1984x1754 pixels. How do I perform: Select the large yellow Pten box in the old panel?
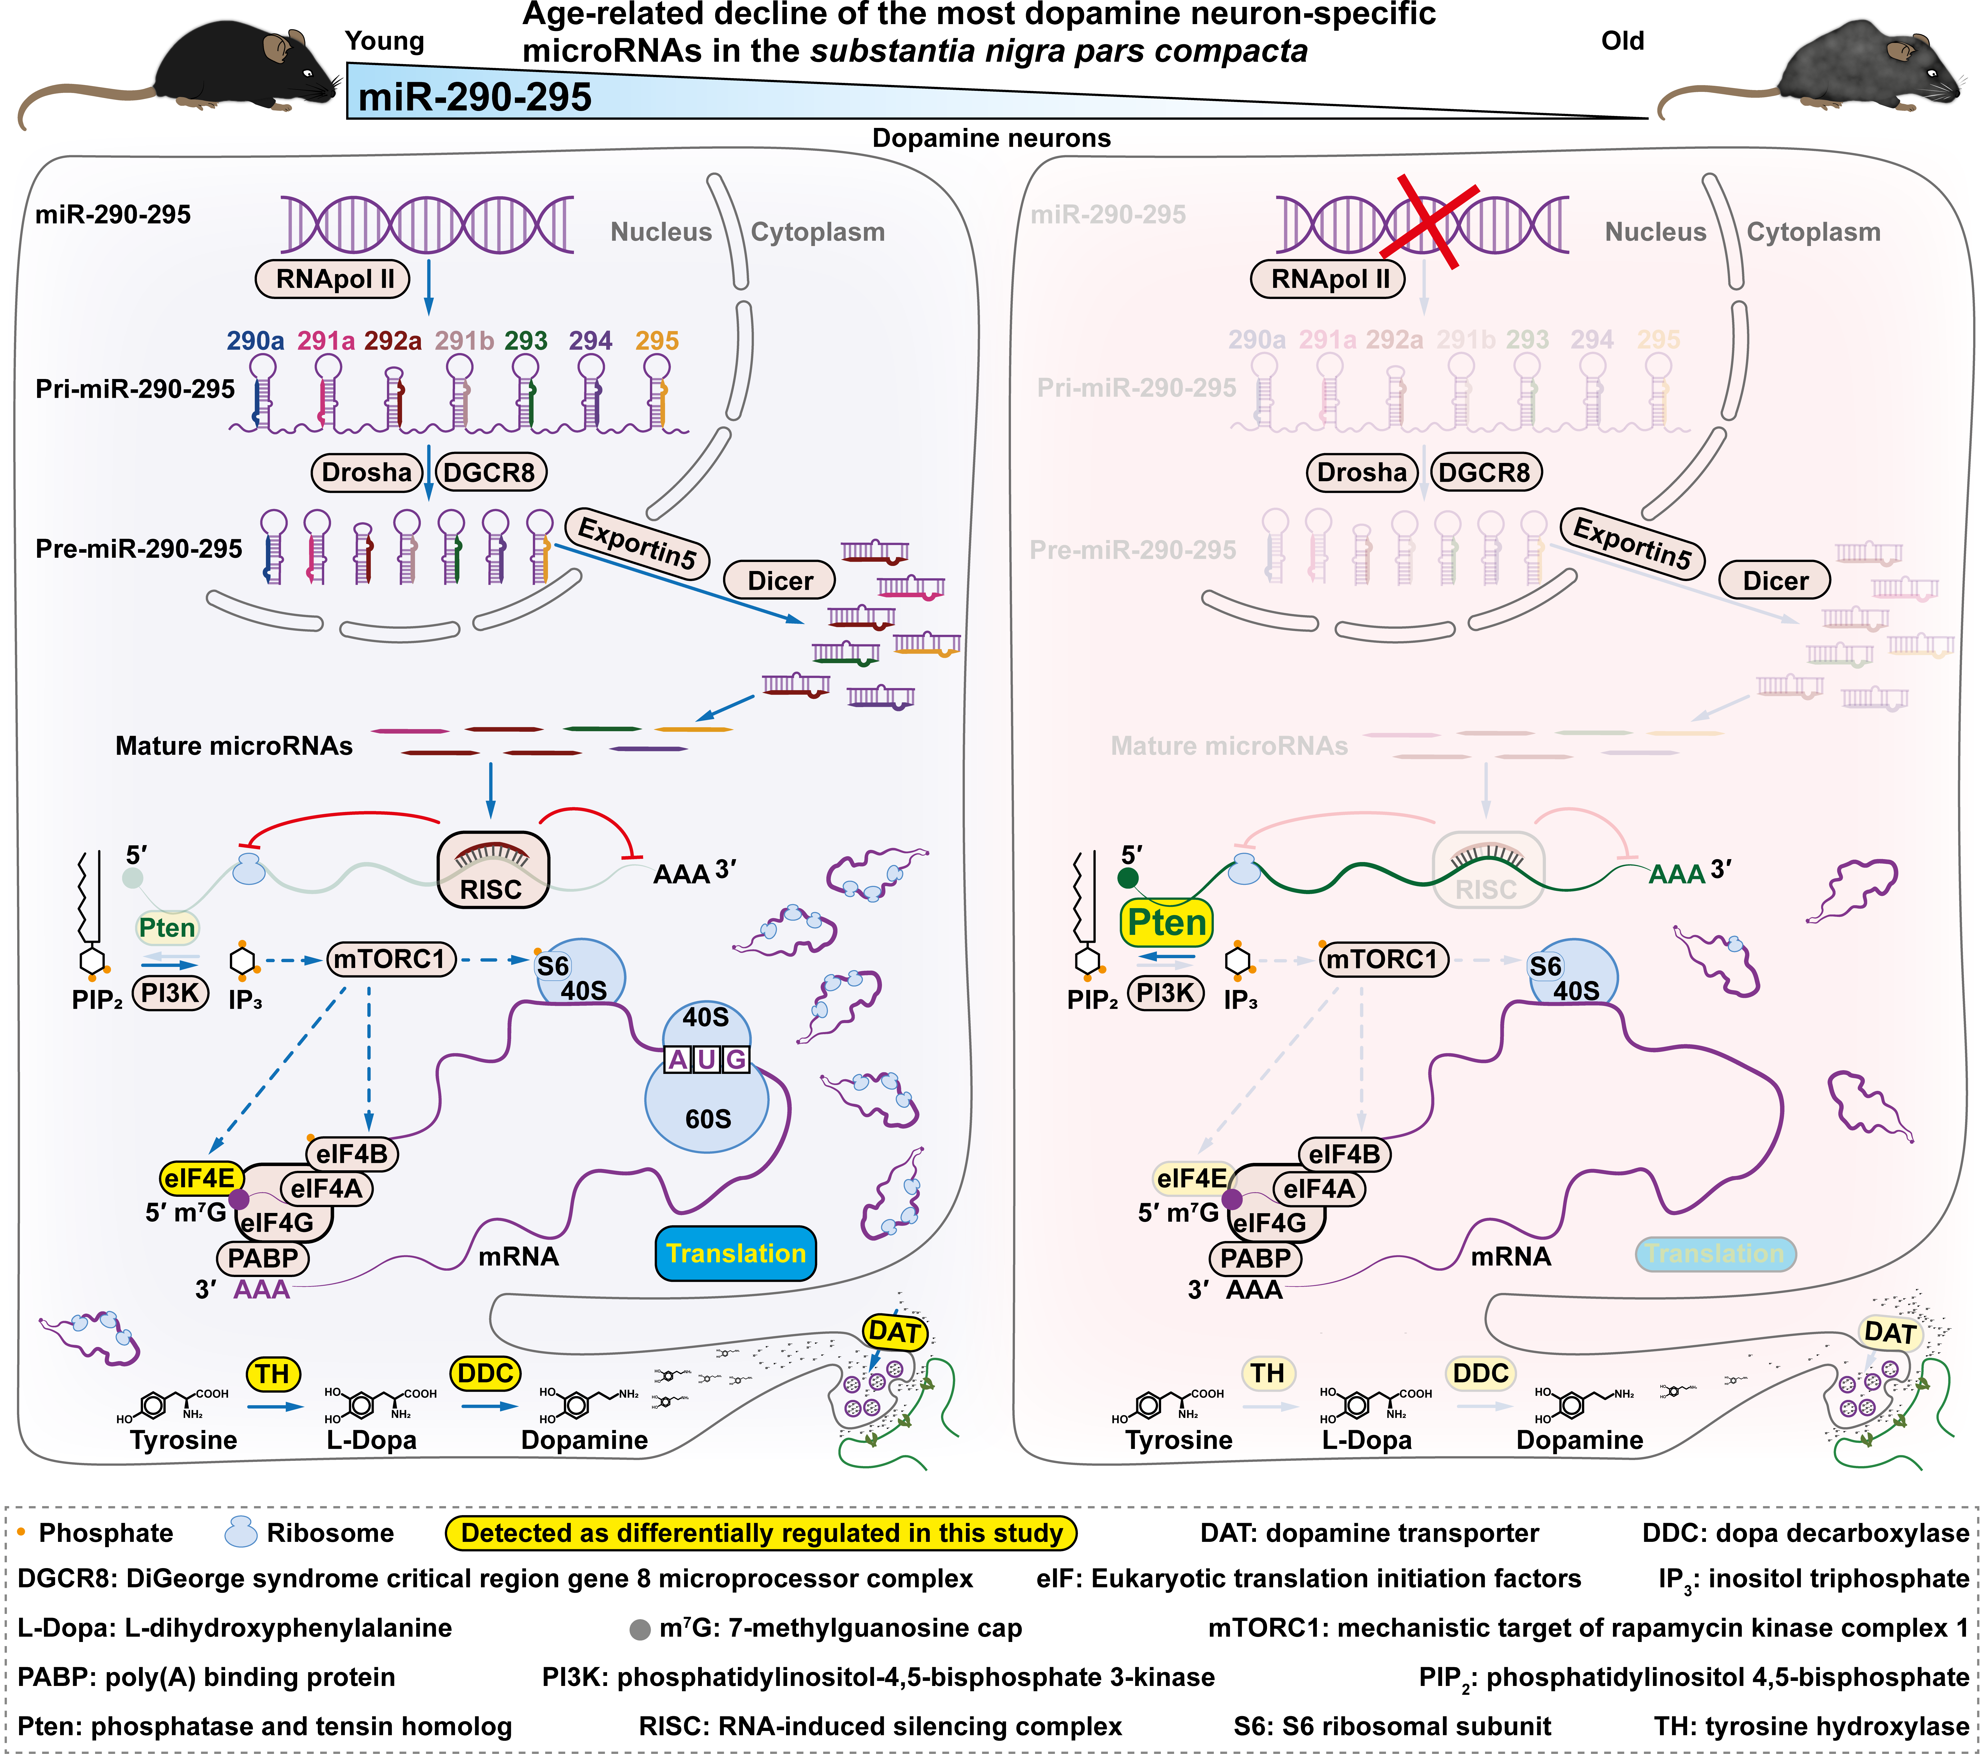[x=1167, y=922]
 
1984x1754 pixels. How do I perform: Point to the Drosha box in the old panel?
[x=1361, y=473]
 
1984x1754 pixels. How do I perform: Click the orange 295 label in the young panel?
[x=657, y=341]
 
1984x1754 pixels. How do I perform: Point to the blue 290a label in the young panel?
[x=255, y=341]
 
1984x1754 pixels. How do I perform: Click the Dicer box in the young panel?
[x=781, y=581]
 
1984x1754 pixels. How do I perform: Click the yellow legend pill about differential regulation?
[x=761, y=1533]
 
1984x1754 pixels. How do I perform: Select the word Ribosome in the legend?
[x=330, y=1533]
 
